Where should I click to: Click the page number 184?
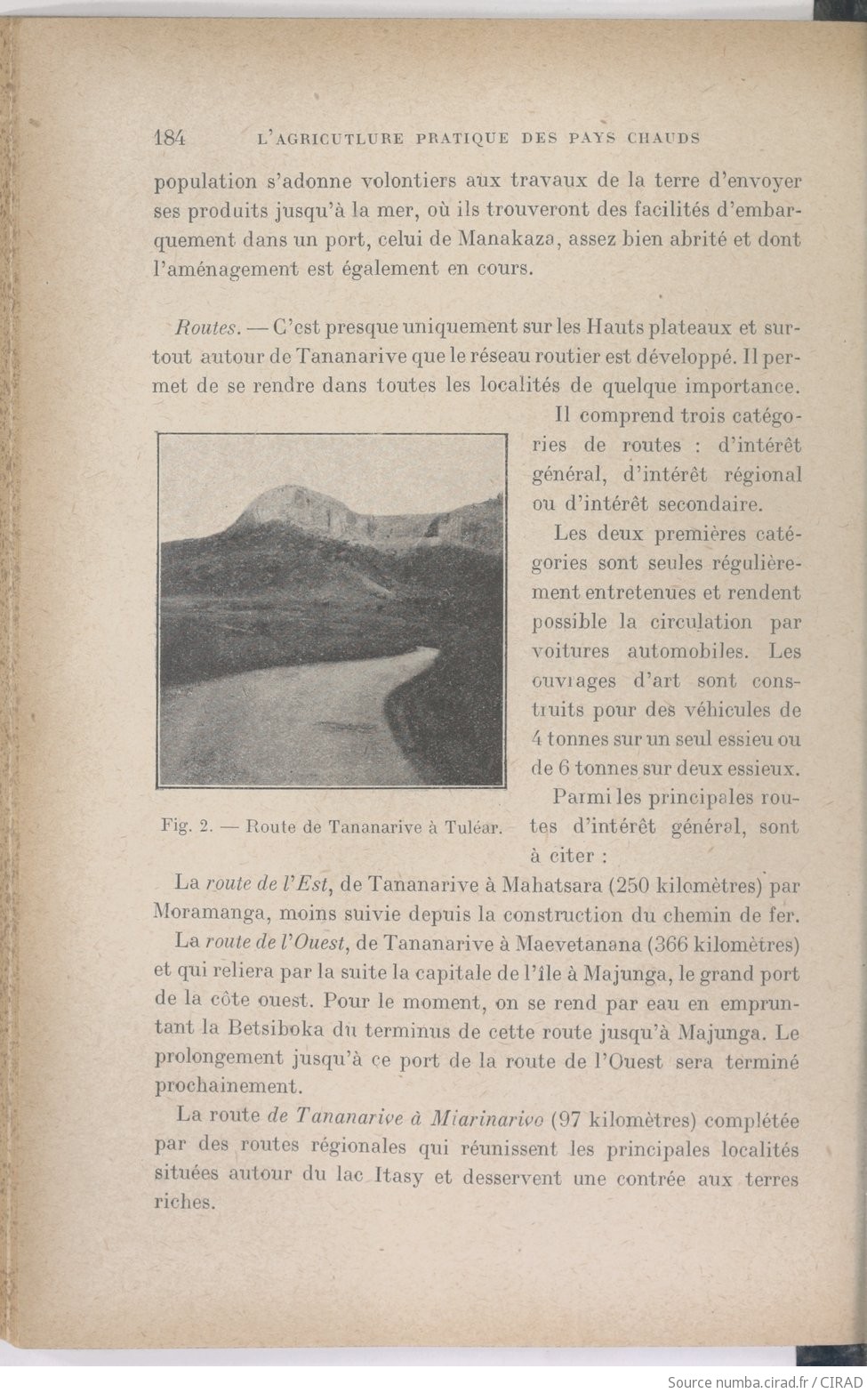point(169,138)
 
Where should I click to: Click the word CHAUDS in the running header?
point(664,138)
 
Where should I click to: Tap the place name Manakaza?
point(519,239)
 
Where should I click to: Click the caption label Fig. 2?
point(184,825)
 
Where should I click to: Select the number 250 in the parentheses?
point(631,885)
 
